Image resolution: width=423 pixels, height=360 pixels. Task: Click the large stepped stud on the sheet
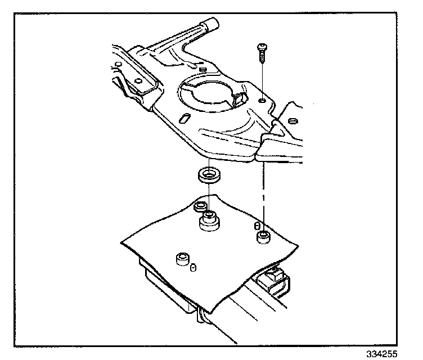[x=209, y=222]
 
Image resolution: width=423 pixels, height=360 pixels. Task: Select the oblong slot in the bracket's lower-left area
[x=184, y=118]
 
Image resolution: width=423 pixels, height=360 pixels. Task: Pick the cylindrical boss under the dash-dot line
[x=262, y=236]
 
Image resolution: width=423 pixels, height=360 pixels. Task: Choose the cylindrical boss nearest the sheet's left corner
[x=182, y=259]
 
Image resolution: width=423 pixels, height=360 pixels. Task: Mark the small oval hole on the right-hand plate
[x=291, y=120]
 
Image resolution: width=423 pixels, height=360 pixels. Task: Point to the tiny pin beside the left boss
[x=193, y=267]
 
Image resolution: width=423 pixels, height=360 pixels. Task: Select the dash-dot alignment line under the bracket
[x=263, y=191]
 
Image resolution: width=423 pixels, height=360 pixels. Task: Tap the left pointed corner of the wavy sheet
[x=122, y=243]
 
